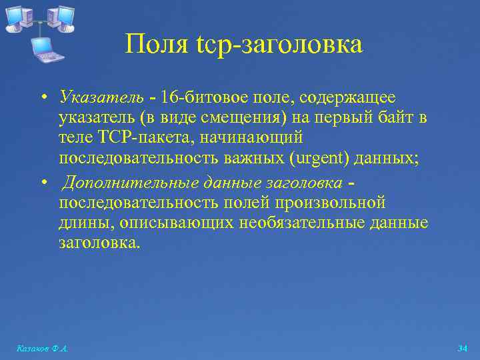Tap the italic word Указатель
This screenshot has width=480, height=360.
(x=101, y=98)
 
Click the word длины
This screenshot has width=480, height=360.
(x=81, y=222)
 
